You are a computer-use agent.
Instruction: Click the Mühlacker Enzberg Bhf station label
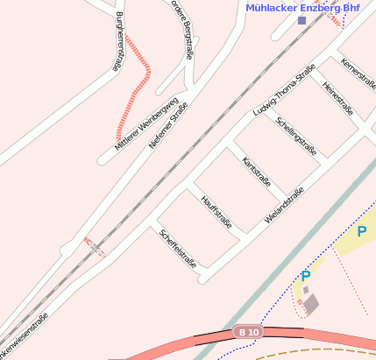303,7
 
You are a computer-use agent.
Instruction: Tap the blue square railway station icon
302,20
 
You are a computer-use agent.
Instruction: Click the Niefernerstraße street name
168,125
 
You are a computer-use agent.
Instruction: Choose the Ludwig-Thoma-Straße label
283,94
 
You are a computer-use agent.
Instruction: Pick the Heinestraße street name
337,98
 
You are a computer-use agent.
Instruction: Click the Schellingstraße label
296,135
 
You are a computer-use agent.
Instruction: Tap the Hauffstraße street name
216,212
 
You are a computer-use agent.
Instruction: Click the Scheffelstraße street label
177,248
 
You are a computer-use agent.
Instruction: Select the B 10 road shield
248,333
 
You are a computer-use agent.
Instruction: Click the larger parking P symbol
361,232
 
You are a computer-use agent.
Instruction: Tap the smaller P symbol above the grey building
306,276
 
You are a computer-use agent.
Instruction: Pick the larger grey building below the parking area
311,303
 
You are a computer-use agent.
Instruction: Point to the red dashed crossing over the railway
94,246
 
